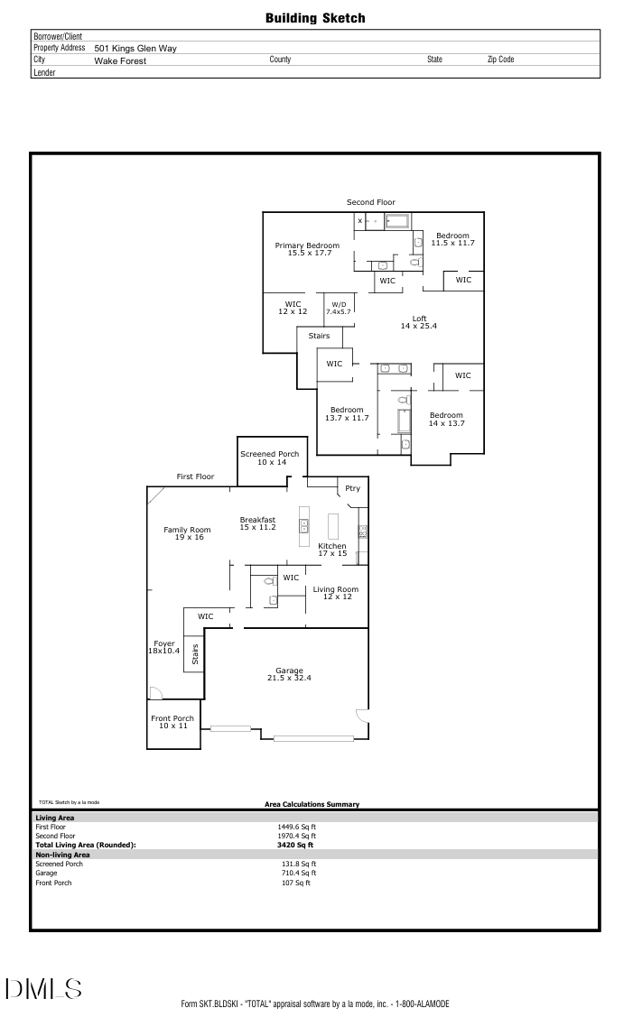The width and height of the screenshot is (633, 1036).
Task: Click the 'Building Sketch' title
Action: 315,18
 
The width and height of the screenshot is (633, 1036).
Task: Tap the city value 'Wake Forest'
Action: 120,60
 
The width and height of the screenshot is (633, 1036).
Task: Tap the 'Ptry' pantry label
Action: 352,488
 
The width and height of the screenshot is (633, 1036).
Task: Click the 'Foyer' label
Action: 163,644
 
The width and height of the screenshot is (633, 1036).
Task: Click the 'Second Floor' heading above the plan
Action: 370,202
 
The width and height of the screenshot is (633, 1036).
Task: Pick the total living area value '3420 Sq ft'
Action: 295,845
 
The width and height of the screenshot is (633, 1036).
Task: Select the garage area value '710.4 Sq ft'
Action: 298,873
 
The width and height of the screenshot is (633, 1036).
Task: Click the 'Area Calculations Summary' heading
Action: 312,804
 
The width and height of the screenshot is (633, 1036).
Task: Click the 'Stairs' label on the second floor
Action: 319,336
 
